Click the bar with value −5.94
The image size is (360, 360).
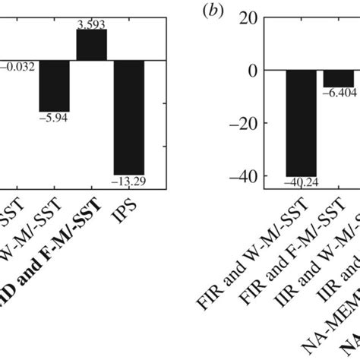pos(55,85)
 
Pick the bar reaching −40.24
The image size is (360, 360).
pos(301,122)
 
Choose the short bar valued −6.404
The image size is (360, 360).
pos(338,78)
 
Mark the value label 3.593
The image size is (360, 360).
pos(92,24)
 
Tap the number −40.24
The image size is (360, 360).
pos(301,182)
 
